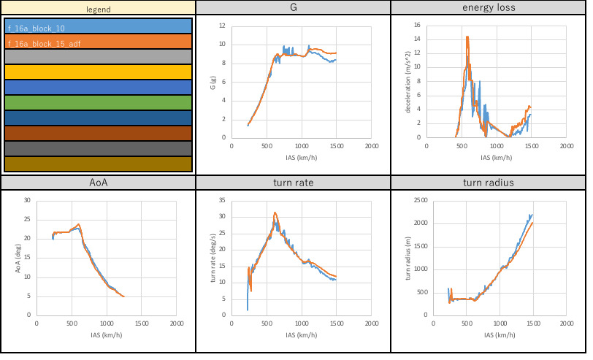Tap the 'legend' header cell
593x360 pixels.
(x=98, y=7)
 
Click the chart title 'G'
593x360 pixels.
(x=293, y=7)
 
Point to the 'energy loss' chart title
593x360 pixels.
(x=488, y=7)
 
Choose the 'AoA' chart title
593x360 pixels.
(x=98, y=183)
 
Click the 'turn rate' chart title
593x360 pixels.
(x=293, y=183)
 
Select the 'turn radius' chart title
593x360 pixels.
(x=488, y=183)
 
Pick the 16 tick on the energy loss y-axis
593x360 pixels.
(x=417, y=26)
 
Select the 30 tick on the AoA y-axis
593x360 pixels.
(x=27, y=200)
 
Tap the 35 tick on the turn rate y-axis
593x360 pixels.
(x=222, y=200)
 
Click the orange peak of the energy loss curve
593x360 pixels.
(x=466, y=37)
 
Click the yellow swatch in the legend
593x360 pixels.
(x=98, y=72)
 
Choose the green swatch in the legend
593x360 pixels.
(x=98, y=102)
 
